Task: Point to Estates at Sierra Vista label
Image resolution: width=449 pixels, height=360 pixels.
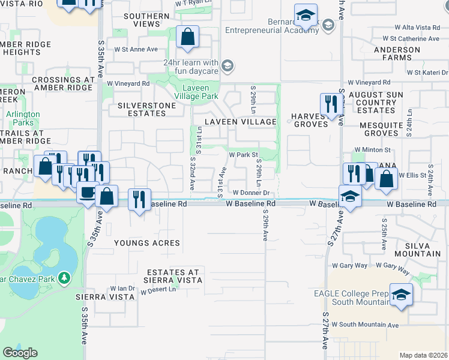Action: coord(173,275)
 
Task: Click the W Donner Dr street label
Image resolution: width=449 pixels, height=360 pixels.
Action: coord(253,193)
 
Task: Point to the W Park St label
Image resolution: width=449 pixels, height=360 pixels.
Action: coord(244,155)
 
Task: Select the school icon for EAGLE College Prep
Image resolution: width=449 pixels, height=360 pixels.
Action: coord(400,294)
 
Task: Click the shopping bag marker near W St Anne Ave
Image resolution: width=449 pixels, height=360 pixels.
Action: coord(188,37)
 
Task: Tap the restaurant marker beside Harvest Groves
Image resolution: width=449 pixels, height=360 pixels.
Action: coord(331,104)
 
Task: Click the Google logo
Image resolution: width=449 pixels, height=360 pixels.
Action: coord(20,352)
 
